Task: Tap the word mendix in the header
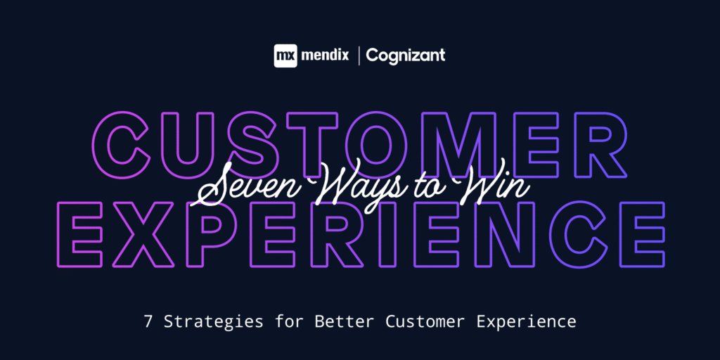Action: point(326,56)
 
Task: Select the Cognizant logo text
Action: point(406,56)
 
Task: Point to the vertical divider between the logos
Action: point(359,56)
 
